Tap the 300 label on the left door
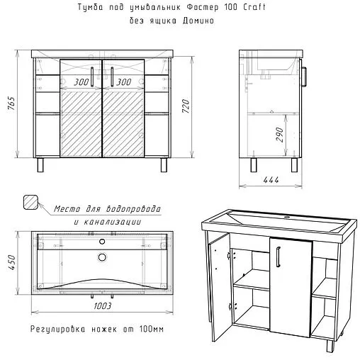point(81,82)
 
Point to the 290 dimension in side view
point(279,135)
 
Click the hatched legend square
point(31,202)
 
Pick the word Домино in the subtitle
point(194,21)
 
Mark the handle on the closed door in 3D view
point(279,255)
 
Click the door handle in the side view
point(304,76)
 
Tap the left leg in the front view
point(39,166)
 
